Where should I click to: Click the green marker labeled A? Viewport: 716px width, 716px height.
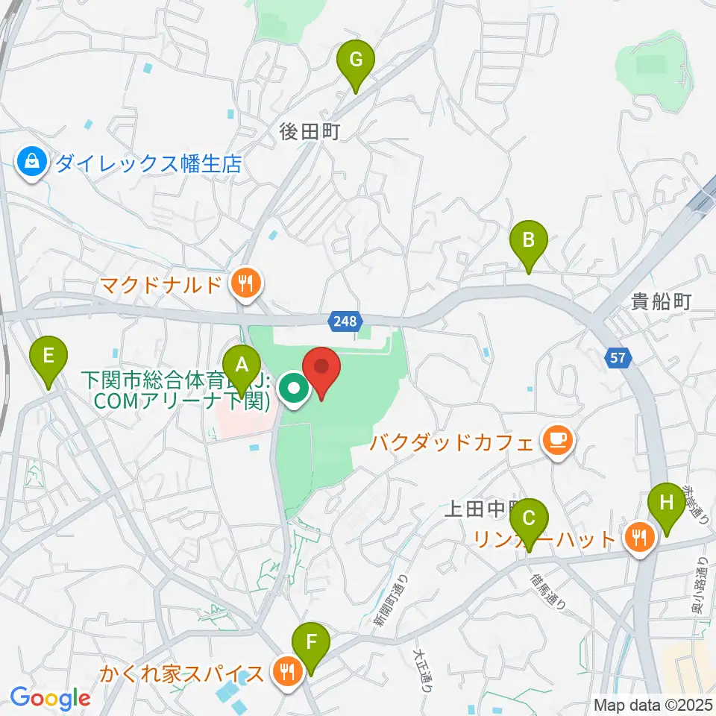241,365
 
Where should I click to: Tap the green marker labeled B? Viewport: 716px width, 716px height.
528,241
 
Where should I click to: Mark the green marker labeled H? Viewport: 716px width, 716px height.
666,503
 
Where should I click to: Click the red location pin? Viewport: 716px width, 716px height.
321,368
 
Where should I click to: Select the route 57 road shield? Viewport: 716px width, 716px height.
617,359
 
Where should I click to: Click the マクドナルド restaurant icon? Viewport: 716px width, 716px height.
243,283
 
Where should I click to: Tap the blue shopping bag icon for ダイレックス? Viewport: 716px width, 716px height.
33,161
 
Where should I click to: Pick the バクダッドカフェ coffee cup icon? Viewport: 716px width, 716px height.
558,441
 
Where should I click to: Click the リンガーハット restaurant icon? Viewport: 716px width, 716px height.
639,537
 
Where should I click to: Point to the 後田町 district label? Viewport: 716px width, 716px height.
310,132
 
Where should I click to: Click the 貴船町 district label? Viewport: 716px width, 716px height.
661,301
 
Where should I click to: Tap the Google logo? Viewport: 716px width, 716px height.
51,698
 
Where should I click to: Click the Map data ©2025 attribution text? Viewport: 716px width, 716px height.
653,704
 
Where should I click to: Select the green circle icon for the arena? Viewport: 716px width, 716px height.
293,389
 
